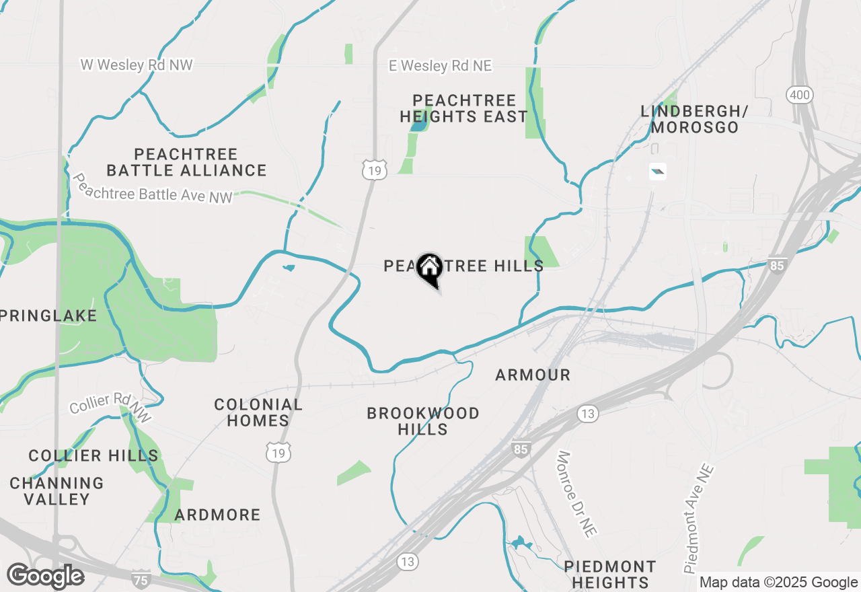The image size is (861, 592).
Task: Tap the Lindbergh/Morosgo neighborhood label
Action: click(694, 119)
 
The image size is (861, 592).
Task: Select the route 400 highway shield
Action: click(800, 95)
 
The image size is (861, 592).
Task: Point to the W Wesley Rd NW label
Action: click(137, 65)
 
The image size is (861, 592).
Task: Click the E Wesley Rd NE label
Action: click(440, 66)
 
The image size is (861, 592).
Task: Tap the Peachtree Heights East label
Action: click(463, 108)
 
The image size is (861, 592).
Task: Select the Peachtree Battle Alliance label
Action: click(186, 162)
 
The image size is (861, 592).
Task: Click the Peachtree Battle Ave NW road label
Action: click(152, 188)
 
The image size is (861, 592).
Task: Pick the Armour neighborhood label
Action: click(533, 375)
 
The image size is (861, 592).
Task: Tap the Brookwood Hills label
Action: click(423, 421)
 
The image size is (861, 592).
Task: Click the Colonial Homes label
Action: click(258, 412)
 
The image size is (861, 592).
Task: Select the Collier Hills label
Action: click(93, 455)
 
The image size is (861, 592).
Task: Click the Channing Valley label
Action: click(57, 491)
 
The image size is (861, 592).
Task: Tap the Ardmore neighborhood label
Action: click(217, 515)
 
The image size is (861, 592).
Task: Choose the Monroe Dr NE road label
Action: click(576, 493)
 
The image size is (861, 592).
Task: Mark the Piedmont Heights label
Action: click(610, 574)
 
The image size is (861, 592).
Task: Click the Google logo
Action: click(46, 577)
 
